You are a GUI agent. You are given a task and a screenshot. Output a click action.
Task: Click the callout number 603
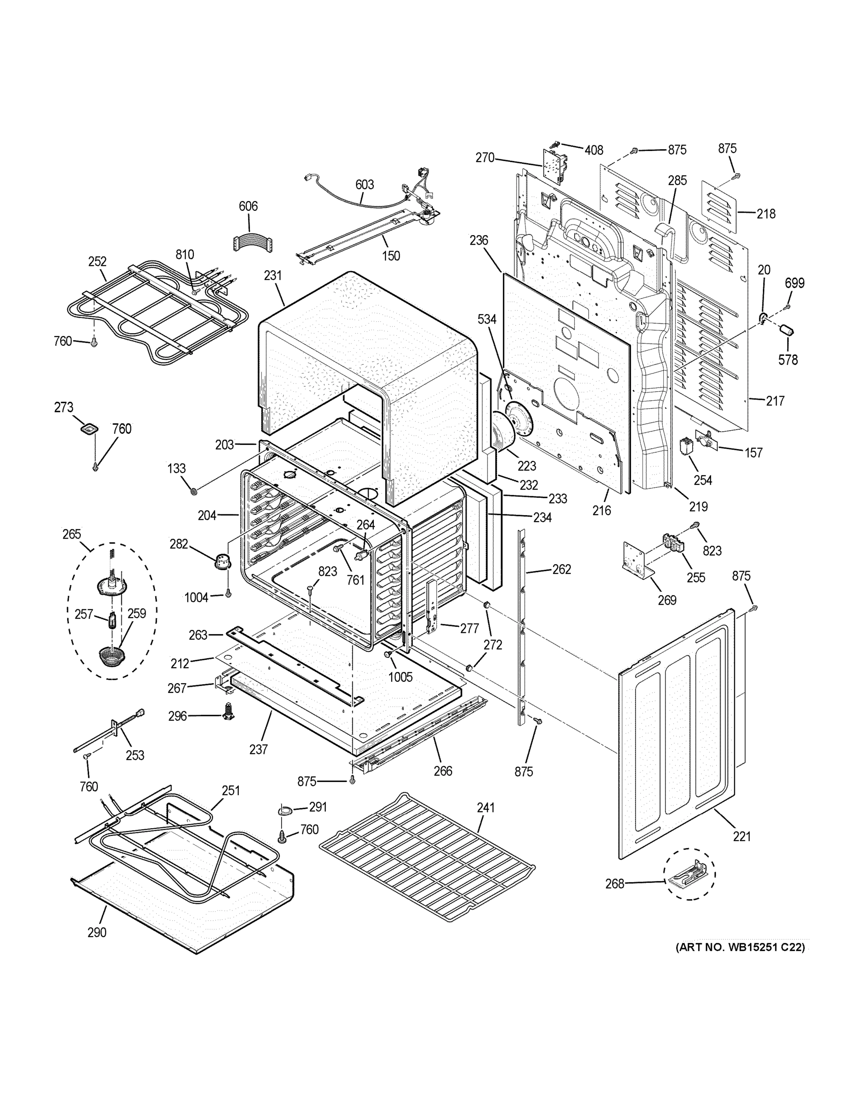[x=364, y=185]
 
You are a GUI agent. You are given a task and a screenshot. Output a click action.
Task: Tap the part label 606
[x=248, y=206]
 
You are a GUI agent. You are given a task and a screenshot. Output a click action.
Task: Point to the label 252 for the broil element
[x=97, y=261]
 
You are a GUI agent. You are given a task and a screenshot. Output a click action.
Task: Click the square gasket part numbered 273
[x=89, y=429]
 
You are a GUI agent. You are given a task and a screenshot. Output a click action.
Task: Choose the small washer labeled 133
[x=193, y=490]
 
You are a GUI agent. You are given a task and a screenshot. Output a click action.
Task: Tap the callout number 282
[x=179, y=544]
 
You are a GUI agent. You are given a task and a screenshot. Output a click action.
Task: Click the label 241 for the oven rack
[x=485, y=807]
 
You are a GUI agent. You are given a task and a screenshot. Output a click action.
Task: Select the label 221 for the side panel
[x=742, y=837]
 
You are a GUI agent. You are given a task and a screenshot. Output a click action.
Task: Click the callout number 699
[x=795, y=283]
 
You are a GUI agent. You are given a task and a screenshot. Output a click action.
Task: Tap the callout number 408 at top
[x=594, y=150]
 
